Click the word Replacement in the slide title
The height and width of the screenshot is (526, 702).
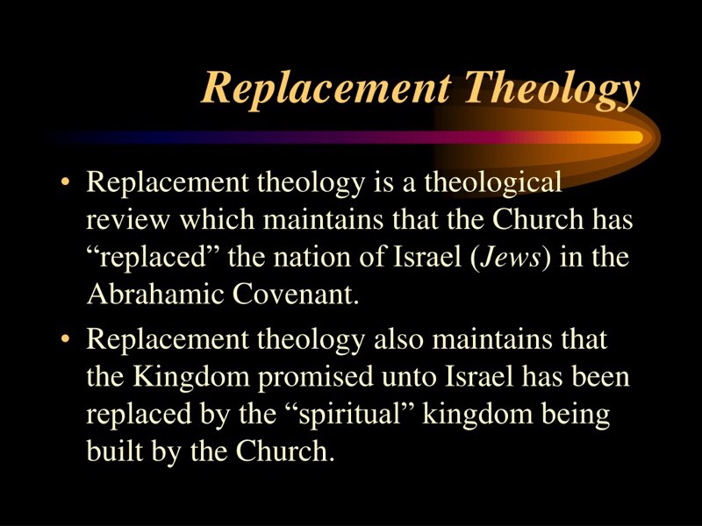[x=326, y=86]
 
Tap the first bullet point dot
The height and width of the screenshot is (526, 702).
[x=66, y=182]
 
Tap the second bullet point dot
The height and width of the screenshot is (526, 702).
[x=66, y=339]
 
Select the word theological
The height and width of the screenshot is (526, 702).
[x=493, y=183]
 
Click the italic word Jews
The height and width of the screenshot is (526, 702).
[x=510, y=258]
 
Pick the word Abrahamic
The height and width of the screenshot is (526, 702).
[x=155, y=295]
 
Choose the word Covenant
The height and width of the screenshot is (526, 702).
[x=296, y=295]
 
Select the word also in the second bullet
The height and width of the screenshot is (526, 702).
[x=398, y=339]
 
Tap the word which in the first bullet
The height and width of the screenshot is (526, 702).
[x=217, y=220]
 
